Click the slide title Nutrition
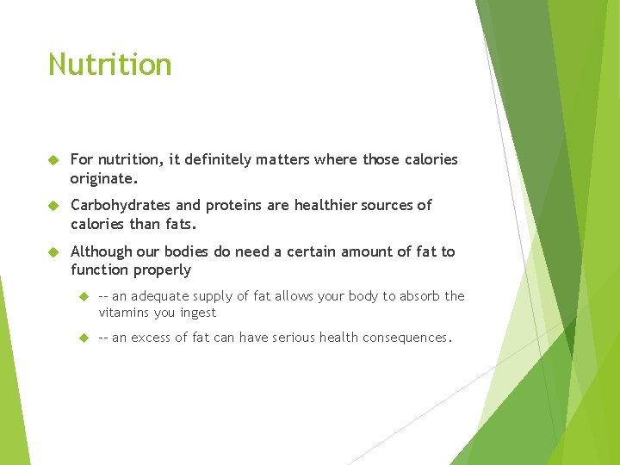(x=109, y=65)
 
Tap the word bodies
(x=189, y=251)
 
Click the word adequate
(x=162, y=295)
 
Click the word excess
(x=152, y=338)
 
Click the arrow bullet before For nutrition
(x=53, y=160)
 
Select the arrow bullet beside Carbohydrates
(x=53, y=206)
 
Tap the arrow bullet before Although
(x=53, y=252)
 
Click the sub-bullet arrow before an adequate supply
(x=83, y=296)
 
